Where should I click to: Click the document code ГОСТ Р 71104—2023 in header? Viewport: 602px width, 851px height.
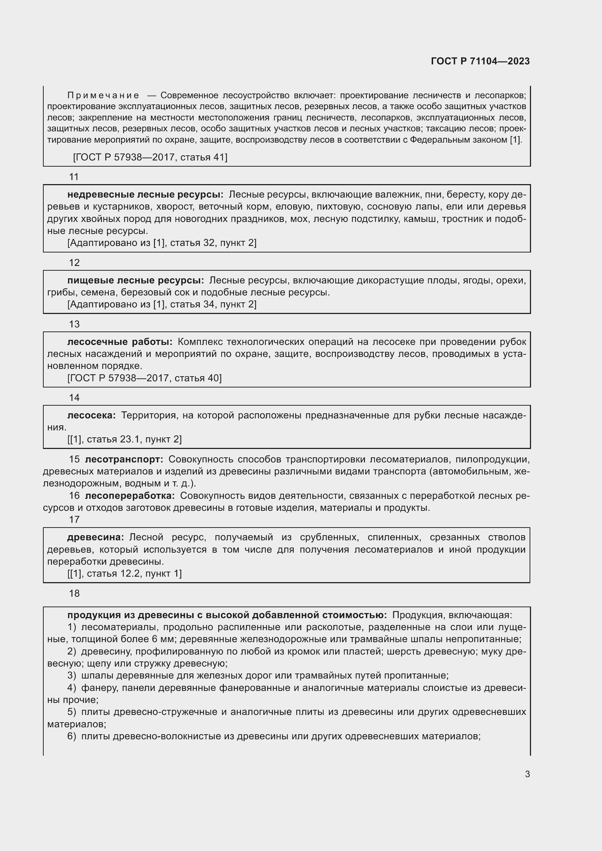480,61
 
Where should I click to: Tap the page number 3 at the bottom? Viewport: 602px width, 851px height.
527,774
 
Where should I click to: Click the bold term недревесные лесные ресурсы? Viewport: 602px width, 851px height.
145,195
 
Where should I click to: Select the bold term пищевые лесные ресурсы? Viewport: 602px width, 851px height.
135,280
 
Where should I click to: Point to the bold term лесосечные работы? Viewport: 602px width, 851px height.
120,342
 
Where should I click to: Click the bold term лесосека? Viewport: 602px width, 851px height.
92,415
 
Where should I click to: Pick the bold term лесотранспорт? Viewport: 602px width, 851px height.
124,459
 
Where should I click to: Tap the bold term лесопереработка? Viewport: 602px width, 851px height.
130,496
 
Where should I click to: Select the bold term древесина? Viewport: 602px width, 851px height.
96,537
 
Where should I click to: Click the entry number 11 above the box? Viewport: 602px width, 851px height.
74,177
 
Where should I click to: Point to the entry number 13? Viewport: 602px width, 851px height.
74,324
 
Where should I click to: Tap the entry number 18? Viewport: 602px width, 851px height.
74,593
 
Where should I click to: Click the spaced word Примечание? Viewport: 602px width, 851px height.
103,96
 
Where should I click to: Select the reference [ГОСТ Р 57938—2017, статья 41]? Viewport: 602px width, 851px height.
150,157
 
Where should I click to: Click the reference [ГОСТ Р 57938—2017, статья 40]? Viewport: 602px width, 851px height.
144,378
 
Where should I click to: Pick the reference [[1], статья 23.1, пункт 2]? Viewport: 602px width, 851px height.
124,439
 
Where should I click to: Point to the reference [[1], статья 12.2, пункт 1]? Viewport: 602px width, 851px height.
124,573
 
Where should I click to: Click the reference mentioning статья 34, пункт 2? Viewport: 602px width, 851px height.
162,304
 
